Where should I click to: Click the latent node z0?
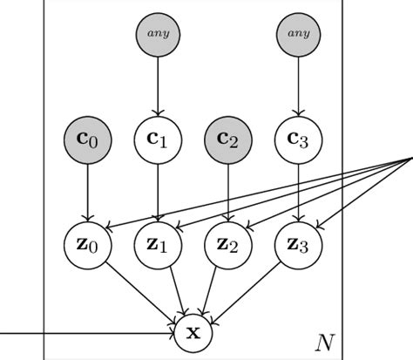coord(87,244)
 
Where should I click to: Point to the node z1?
coord(158,244)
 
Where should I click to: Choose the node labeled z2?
coord(228,244)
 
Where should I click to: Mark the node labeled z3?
coord(299,244)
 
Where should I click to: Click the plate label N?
coord(324,342)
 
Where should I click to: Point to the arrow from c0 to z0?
coord(87,192)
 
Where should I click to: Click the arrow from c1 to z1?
coord(158,192)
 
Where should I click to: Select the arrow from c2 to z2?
coord(228,192)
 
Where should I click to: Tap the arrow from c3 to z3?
coord(299,192)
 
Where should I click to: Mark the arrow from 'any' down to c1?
coord(158,87)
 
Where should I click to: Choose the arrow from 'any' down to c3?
coord(299,87)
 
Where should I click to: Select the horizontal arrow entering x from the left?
coord(87,333)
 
